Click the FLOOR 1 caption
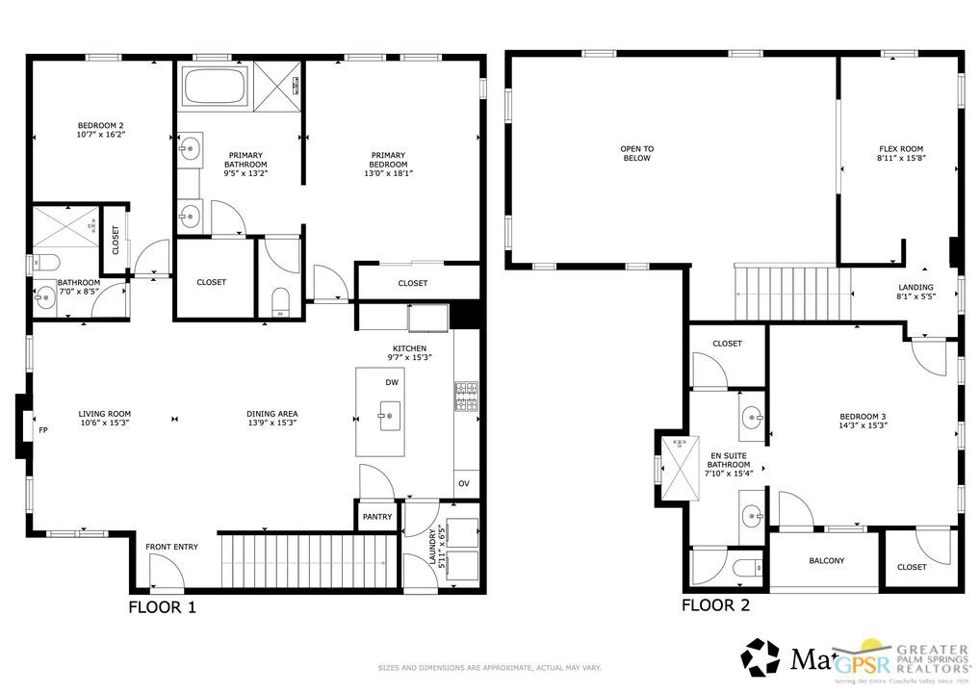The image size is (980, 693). point(163,607)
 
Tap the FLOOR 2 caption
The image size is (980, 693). point(715,605)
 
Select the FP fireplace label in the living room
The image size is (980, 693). point(42,430)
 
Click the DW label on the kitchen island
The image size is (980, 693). point(392,382)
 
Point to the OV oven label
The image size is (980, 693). point(463,484)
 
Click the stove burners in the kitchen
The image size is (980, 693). point(466,393)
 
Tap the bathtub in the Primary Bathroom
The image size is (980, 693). point(214,86)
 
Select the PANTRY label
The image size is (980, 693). point(377,517)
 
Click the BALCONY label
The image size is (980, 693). point(826,560)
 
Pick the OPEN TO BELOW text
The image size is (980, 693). point(636,153)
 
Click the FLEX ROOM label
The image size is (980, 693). point(900,149)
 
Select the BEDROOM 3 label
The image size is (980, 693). point(863,417)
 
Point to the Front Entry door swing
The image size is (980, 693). point(167,577)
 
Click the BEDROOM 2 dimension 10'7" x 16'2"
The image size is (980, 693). point(101,135)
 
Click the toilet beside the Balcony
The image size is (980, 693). point(748,568)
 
